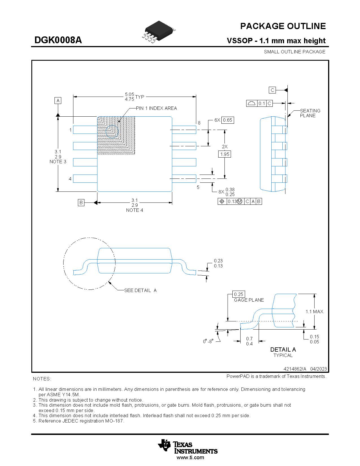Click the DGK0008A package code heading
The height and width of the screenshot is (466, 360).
click(58, 40)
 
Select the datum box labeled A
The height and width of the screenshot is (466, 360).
click(58, 101)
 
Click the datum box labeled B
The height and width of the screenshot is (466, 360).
click(81, 202)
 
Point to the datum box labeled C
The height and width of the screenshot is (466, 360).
click(272, 90)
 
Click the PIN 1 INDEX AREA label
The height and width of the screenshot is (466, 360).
click(156, 108)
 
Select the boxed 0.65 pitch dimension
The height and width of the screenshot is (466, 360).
click(227, 120)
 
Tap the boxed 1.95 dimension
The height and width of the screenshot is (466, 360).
click(225, 154)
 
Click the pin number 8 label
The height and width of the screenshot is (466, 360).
click(199, 123)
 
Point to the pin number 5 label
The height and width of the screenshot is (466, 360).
click(198, 187)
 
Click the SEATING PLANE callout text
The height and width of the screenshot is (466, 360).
click(310, 113)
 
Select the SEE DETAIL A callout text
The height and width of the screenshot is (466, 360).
click(140, 290)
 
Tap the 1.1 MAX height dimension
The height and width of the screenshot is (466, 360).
click(314, 312)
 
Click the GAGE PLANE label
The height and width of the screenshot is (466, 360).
click(249, 300)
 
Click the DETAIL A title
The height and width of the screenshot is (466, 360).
click(283, 350)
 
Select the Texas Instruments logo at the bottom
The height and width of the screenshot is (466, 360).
click(187, 447)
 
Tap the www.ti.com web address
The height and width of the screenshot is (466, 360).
click(190, 458)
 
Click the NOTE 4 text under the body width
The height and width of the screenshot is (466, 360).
click(134, 210)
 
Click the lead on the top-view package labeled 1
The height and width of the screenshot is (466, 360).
click(85, 130)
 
